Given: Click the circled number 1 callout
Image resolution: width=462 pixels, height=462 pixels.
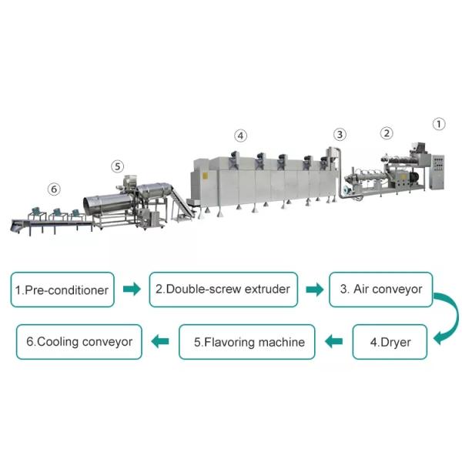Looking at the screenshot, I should click(438, 123).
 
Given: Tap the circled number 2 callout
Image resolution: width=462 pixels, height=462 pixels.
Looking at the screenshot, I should click(386, 132).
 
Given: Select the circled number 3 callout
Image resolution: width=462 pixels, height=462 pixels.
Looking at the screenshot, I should click(340, 133).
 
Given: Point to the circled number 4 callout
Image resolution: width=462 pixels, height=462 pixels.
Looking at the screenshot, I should click(241, 136).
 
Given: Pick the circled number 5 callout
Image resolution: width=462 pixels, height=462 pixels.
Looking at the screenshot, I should click(117, 166).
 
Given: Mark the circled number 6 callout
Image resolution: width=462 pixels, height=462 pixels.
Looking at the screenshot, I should click(53, 188).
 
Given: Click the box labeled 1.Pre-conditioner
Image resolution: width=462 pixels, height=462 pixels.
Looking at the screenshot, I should click(63, 290).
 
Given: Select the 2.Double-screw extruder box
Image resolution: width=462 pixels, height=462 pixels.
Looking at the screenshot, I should click(223, 290).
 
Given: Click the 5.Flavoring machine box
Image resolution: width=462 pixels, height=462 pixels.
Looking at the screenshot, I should click(249, 342).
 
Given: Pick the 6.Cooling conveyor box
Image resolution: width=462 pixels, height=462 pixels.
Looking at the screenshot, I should click(79, 341).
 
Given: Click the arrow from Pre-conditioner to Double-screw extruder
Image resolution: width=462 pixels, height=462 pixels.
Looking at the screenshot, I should click(132, 290).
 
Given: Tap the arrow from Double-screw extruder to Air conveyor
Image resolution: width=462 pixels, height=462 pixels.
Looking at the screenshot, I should click(314, 290).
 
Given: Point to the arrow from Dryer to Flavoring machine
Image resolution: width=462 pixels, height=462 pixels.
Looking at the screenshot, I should click(335, 342).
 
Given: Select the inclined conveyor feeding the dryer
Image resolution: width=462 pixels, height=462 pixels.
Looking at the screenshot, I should click(179, 202).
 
